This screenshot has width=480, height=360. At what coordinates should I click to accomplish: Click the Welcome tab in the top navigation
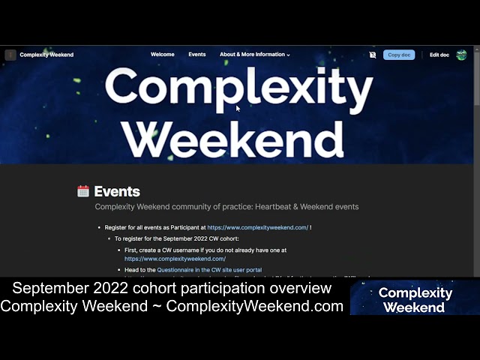162,55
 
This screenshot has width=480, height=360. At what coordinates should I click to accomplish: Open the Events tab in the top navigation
197,55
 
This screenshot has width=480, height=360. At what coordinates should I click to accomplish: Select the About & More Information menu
254,55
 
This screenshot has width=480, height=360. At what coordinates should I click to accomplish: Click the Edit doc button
439,55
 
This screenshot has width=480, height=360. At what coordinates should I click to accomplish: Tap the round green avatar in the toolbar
461,55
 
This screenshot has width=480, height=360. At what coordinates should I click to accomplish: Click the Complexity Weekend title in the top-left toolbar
46,55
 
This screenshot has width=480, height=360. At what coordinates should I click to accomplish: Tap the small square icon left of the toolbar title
10,55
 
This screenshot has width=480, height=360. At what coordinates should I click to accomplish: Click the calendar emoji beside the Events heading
83,191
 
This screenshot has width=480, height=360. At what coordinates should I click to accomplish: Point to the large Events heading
117,191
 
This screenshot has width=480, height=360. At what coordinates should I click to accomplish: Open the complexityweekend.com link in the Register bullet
257,227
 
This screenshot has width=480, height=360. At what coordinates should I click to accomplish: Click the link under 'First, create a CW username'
175,259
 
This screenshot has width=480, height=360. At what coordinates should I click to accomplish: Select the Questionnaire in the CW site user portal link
209,270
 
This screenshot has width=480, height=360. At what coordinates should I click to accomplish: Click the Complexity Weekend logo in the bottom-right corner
415,299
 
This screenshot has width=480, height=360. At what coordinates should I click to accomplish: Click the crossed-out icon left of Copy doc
373,55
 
